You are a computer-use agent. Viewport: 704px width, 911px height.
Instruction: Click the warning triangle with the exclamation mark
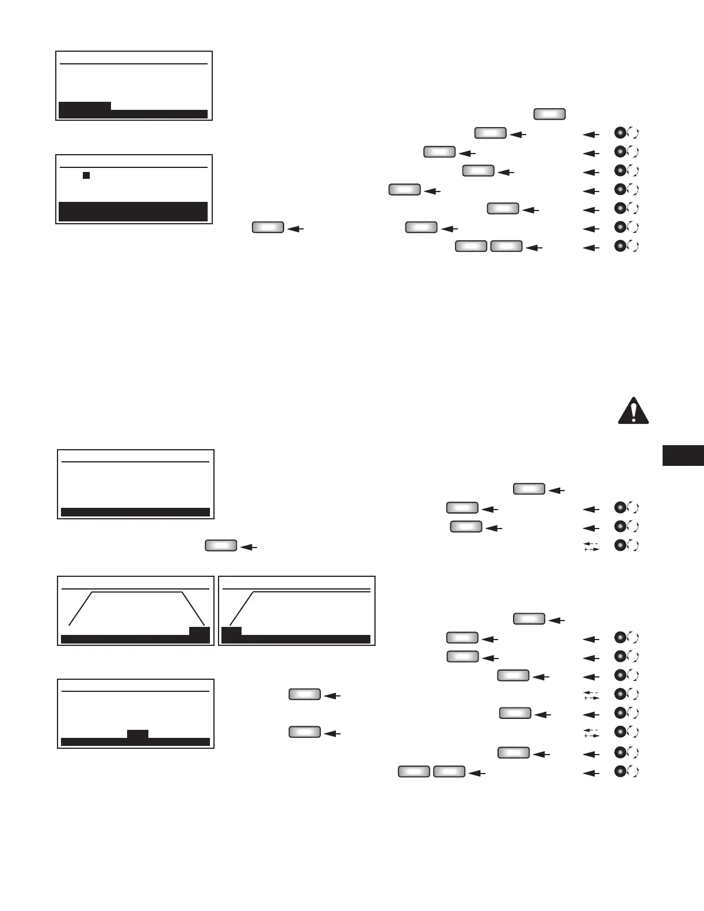point(633,411)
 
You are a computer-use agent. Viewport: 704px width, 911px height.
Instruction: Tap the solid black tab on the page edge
point(683,455)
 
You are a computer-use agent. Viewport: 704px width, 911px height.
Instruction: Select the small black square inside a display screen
point(86,175)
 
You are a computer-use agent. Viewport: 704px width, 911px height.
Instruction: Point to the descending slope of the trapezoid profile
point(193,608)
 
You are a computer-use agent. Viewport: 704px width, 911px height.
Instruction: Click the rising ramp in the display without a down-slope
point(242,608)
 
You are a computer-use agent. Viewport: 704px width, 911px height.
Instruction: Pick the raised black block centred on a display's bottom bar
point(137,734)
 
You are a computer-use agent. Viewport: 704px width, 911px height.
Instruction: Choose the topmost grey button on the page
point(549,114)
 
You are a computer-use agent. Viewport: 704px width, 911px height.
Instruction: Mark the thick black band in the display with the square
point(133,211)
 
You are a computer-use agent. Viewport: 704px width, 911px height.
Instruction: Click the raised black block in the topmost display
point(85,106)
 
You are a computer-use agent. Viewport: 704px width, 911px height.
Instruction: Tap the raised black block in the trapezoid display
point(200,631)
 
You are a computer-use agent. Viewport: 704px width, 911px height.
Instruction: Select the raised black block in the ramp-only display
point(231,631)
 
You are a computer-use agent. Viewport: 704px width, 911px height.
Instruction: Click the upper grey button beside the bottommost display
point(304,695)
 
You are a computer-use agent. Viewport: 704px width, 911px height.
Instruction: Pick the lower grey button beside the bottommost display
point(304,732)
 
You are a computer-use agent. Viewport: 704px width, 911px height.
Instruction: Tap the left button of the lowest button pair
point(414,772)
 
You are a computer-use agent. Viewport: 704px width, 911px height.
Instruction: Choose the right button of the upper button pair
point(506,247)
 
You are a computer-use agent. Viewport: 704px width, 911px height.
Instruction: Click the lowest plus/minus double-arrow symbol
point(591,733)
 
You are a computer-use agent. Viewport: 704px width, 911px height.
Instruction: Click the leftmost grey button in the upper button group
point(267,228)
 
